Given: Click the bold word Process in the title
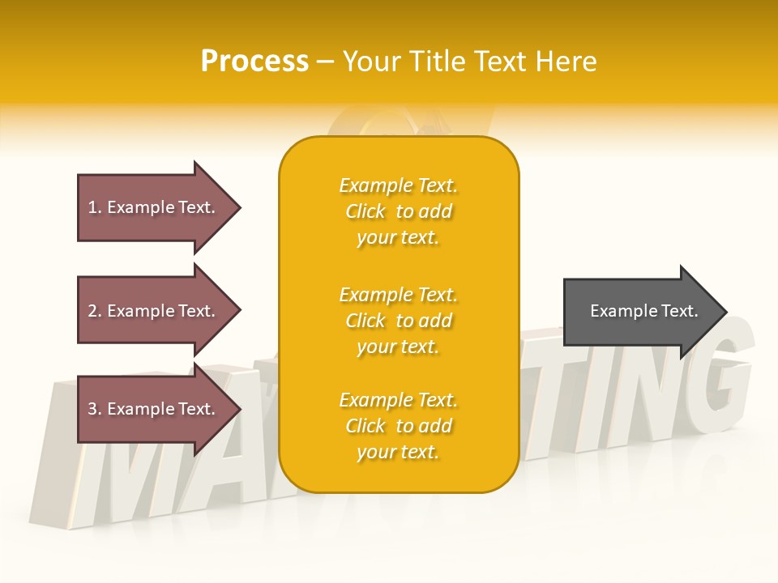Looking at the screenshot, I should coord(254,62).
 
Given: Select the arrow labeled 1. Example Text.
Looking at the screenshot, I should coord(154,207).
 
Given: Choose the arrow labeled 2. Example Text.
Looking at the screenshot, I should coord(154,311).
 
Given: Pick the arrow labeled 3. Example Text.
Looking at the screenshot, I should coord(154,409).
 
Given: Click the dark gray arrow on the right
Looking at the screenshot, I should coord(640,311).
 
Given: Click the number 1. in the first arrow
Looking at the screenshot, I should coord(95,207).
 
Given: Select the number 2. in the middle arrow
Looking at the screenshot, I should coord(95,311).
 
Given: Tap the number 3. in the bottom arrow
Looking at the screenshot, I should coord(95,409).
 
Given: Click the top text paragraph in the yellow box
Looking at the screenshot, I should coord(399,211).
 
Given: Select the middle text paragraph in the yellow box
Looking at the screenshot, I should coord(399,321).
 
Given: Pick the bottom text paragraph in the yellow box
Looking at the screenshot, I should coord(399,426).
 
